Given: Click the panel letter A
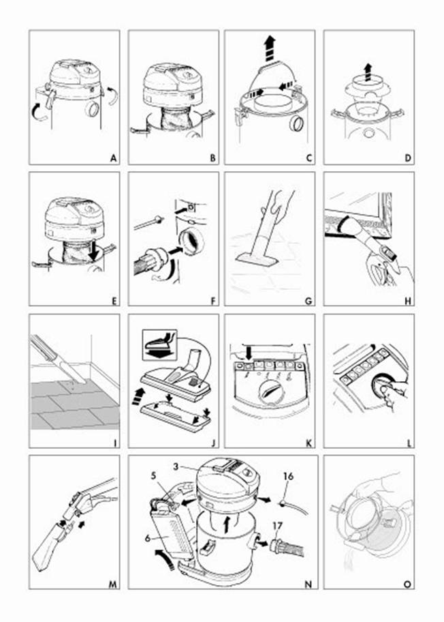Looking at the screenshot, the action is click(x=114, y=158).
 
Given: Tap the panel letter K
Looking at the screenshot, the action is click(x=309, y=443).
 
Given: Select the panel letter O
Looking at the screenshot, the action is click(x=407, y=584).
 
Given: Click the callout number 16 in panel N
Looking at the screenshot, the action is click(x=288, y=475).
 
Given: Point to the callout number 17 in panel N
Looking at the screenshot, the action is click(x=278, y=526).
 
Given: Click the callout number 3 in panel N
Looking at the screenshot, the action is click(x=176, y=467).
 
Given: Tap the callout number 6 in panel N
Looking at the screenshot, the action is click(x=148, y=538).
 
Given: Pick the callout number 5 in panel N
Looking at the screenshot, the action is click(x=154, y=475).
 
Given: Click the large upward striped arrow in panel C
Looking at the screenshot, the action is click(x=270, y=48).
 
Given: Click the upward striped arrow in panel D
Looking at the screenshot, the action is click(x=368, y=72).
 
